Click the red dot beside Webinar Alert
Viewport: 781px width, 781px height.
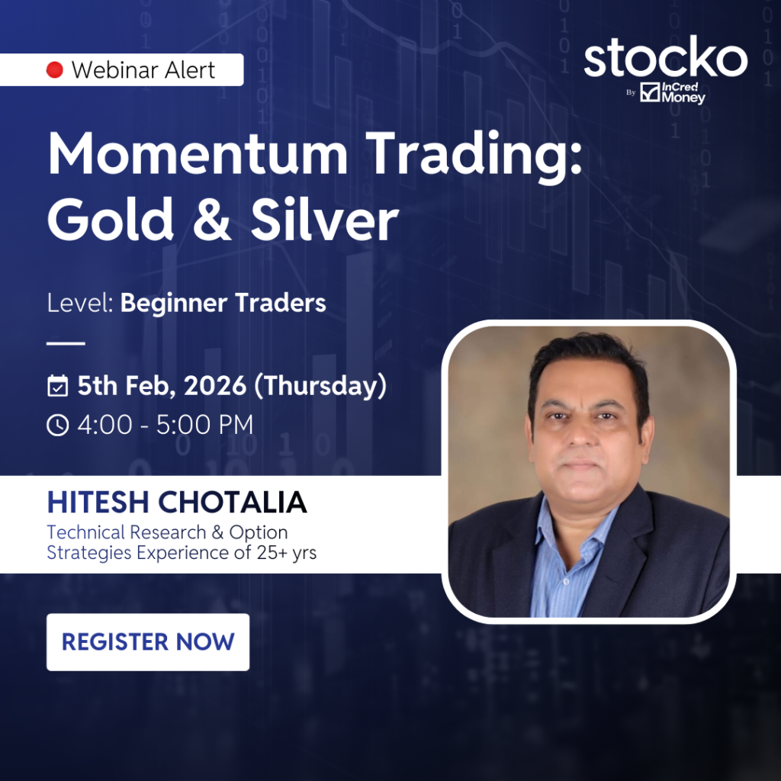tap(55, 69)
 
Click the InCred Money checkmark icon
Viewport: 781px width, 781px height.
tap(650, 92)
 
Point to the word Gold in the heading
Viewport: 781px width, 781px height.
tap(110, 218)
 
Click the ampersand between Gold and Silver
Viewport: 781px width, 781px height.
tap(212, 219)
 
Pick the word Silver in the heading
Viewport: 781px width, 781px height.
tap(324, 218)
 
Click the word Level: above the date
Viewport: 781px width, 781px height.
tap(80, 302)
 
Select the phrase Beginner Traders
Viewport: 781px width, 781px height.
tap(223, 304)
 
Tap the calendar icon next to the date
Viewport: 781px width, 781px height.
tap(58, 386)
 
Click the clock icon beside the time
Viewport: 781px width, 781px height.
tap(58, 425)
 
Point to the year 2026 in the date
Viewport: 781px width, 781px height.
tap(215, 385)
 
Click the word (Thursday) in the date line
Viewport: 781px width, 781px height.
tap(320, 386)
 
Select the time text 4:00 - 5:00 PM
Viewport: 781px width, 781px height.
tap(166, 425)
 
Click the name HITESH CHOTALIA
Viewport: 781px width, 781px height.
tap(177, 502)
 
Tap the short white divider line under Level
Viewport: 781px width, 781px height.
tap(66, 343)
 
